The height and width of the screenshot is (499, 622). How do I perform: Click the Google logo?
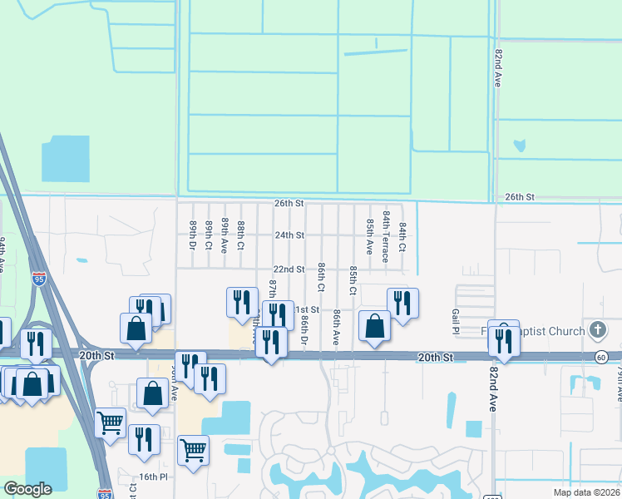[x=27, y=489]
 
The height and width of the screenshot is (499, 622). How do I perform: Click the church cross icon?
[x=596, y=331]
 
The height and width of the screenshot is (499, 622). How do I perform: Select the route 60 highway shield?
[x=600, y=357]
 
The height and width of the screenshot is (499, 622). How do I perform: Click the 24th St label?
[x=290, y=235]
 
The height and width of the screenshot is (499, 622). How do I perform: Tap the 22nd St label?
[x=289, y=269]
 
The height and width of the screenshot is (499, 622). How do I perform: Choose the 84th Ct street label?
[x=402, y=237]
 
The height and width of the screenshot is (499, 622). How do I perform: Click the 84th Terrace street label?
[x=386, y=235]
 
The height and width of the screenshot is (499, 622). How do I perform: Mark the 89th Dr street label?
[x=192, y=236]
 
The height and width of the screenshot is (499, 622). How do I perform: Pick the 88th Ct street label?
[x=240, y=235]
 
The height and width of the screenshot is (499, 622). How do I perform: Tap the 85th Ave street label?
[x=369, y=237]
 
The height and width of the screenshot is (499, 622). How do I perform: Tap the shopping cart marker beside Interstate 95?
[x=110, y=422]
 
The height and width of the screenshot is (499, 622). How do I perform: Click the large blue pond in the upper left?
[x=65, y=158]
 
